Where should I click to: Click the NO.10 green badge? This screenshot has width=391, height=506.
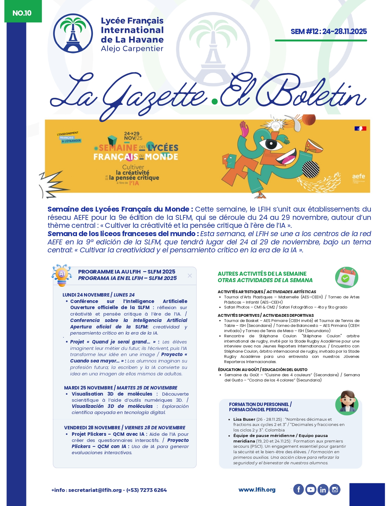(22, 13)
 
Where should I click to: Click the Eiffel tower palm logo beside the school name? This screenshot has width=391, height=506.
(73, 33)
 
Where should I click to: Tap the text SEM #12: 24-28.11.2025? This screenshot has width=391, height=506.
(328, 31)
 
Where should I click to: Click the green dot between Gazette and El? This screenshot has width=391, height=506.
(215, 101)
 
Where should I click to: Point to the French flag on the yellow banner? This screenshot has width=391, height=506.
(360, 128)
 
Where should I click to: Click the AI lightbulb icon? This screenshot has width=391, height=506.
(62, 275)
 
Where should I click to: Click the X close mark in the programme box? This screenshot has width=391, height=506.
(190, 276)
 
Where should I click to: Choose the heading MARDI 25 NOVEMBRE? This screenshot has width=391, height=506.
(88, 388)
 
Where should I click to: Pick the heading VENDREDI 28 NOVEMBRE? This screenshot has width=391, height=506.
(92, 427)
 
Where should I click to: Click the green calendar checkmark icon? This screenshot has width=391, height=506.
(347, 277)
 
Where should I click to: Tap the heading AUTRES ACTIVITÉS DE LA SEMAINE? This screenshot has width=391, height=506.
(262, 274)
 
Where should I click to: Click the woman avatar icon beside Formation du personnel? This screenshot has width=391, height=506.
(347, 402)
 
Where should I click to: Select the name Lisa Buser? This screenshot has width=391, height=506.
(244, 419)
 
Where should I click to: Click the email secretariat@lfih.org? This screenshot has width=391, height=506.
(95, 490)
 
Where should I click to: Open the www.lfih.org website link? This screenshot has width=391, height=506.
(257, 490)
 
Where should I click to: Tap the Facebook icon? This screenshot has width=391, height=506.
(298, 489)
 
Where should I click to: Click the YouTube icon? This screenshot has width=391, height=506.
(311, 489)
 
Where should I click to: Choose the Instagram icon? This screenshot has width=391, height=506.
(335, 489)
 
